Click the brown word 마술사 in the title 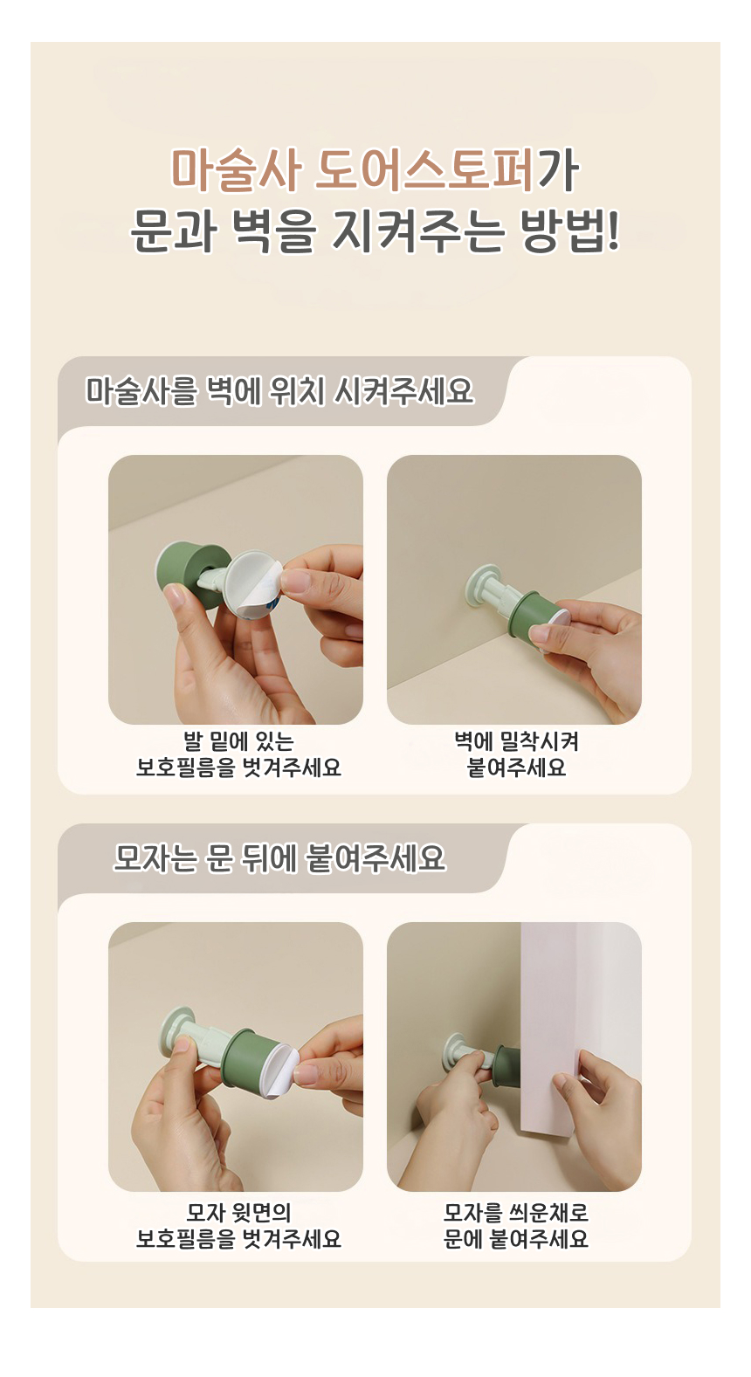236,170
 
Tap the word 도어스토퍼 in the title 424,170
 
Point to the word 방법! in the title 569,231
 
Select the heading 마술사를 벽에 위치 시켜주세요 279,391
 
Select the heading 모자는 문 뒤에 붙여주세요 279,858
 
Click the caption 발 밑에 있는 239,741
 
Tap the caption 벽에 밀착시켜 516,741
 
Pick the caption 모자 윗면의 238,1212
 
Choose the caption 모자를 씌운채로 516,1212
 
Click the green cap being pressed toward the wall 532,614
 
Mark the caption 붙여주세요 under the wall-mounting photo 516,768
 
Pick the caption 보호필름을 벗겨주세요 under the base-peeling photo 238,768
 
